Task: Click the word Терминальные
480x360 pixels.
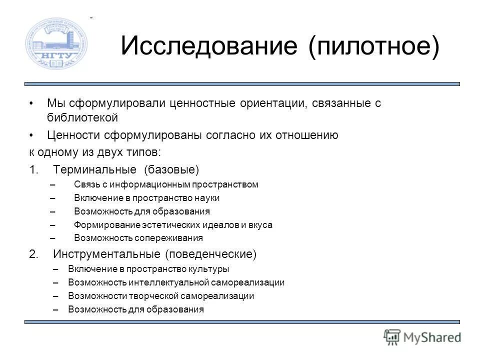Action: [x=96, y=170]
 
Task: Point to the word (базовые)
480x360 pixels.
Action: [x=171, y=170]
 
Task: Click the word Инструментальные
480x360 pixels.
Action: [x=106, y=254]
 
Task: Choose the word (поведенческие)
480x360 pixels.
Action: [x=211, y=254]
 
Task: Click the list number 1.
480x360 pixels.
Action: [x=33, y=170]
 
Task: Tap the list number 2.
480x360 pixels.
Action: [x=33, y=254]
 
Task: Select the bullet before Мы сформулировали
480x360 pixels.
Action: [x=32, y=103]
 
